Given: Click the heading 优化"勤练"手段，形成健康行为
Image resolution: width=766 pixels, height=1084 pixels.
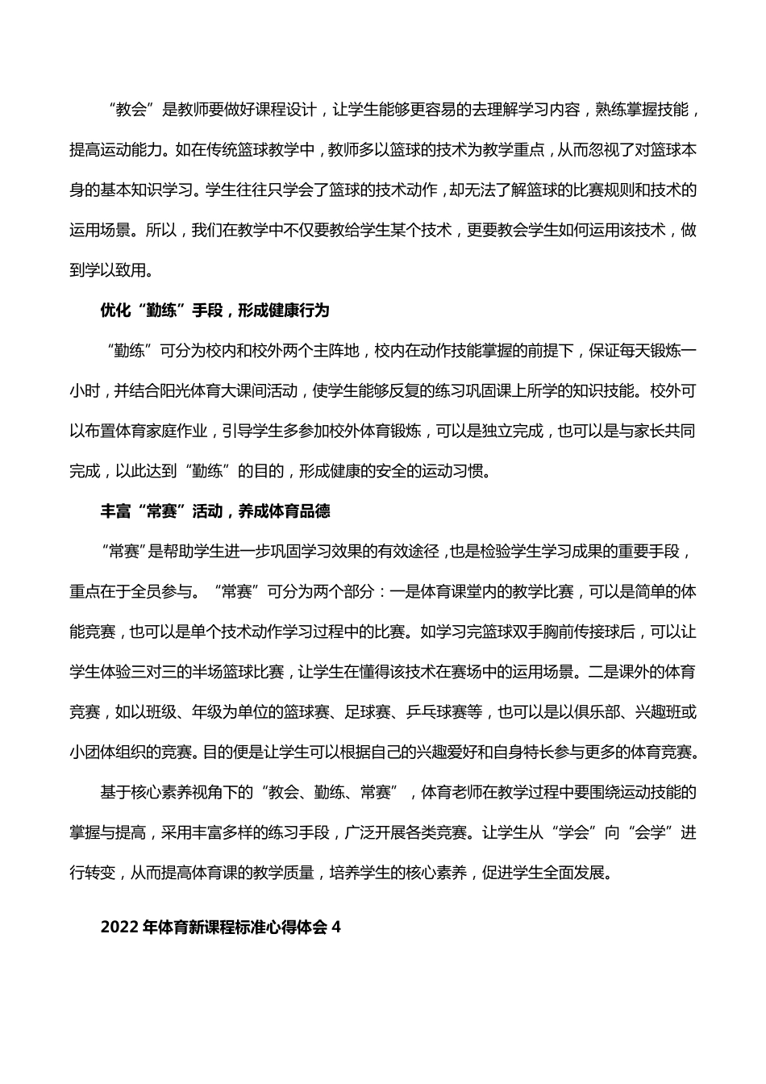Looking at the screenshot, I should [214, 311].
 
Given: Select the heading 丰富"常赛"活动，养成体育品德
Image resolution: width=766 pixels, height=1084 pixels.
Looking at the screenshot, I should [214, 511].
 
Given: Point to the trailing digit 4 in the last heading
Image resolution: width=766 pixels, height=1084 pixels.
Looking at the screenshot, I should [337, 928].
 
